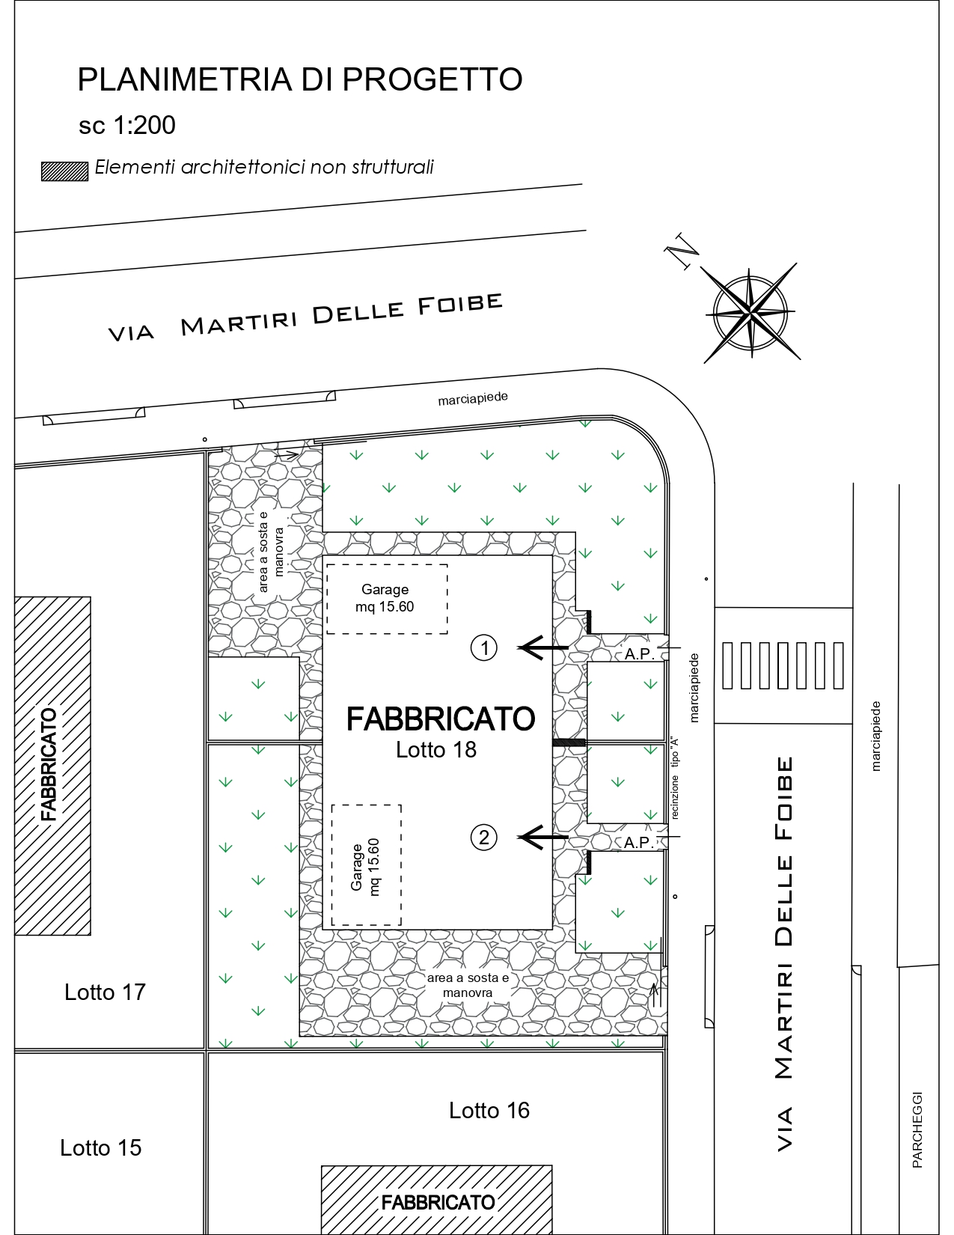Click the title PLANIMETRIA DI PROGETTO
[x=299, y=79]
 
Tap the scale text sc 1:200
[x=126, y=126]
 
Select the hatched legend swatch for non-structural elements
[x=65, y=171]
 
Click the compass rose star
[x=750, y=313]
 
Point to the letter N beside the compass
[x=681, y=251]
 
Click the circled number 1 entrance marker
[x=484, y=648]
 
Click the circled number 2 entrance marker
[x=484, y=838]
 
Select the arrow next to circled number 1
[x=542, y=648]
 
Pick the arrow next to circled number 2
[x=542, y=838]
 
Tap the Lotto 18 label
[x=436, y=750]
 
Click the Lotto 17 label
[x=105, y=992]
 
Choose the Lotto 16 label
[x=489, y=1111]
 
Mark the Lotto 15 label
[x=100, y=1148]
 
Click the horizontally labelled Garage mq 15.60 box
[x=387, y=599]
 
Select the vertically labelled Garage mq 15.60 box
[x=367, y=865]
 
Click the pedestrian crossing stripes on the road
[x=783, y=665]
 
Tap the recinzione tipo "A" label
[x=675, y=778]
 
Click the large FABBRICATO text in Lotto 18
[x=441, y=719]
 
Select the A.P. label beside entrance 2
[x=638, y=842]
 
